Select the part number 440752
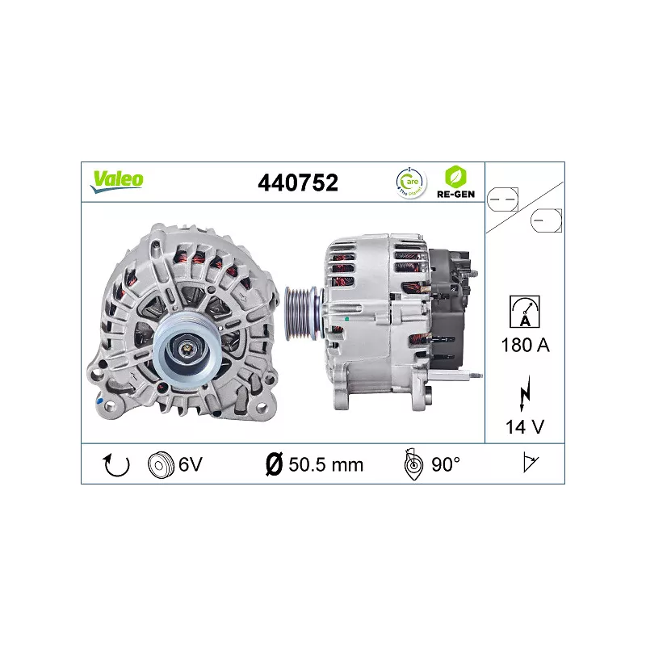coord(297,182)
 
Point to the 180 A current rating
coord(525,346)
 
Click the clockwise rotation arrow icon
coord(118,464)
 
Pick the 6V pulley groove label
coord(190,464)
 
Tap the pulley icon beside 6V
coord(161,464)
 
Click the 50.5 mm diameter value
coord(325,464)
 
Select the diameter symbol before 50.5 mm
coord(273,464)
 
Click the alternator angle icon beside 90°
coord(413,464)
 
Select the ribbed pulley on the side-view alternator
coord(301,308)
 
